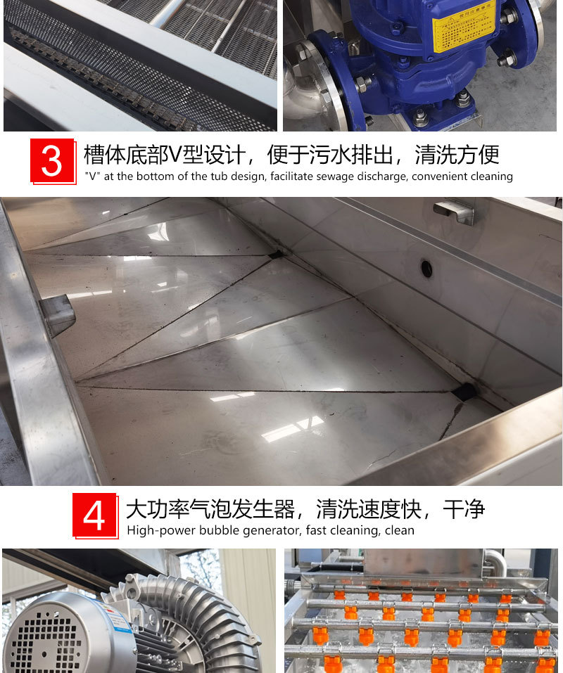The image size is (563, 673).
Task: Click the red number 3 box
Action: click(53, 162)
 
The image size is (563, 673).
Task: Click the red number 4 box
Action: click(95, 515)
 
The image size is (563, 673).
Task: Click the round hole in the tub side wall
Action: click(426, 267)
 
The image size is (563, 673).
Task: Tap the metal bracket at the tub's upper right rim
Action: click(454, 212)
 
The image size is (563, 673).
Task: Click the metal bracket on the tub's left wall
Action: click(58, 315)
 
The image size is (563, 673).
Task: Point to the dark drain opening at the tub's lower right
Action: click(464, 392)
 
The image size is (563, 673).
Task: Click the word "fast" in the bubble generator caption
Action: click(317, 530)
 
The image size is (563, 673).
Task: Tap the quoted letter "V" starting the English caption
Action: click(91, 177)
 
